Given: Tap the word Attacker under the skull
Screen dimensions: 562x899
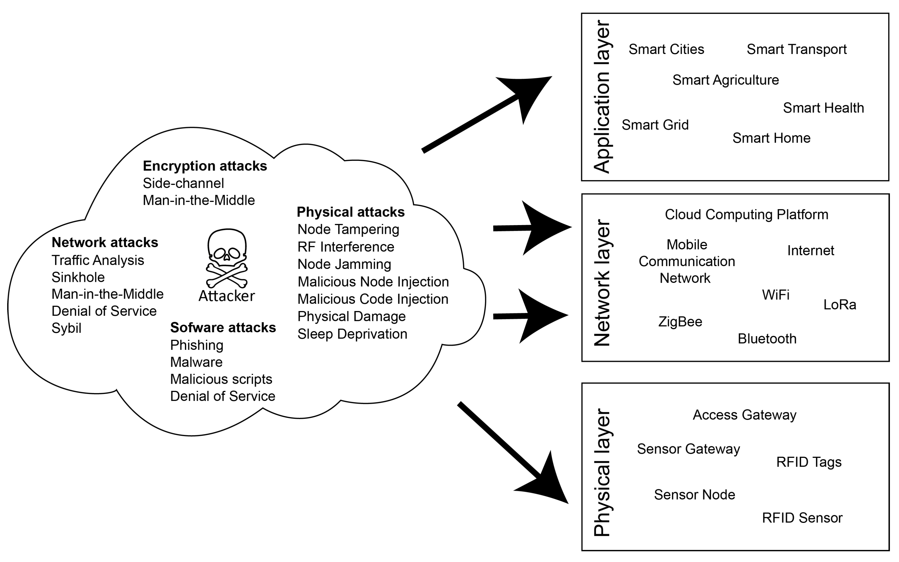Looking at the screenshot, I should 227,296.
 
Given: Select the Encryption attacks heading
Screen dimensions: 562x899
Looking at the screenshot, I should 205,166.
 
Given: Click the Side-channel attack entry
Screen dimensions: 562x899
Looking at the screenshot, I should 183,183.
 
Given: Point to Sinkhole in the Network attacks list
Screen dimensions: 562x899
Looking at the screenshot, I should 78,277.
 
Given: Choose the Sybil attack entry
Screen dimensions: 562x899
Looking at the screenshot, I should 66,328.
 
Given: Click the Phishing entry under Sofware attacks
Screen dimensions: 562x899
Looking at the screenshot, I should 197,345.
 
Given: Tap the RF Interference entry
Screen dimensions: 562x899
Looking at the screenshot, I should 346,247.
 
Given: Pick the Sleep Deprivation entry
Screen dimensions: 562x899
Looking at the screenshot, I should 352,334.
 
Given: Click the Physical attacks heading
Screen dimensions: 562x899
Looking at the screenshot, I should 351,212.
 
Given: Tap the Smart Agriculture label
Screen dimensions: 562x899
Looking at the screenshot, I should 725,80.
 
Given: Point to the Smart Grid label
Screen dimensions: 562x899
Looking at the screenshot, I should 655,125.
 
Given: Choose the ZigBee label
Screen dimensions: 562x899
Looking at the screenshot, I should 680,321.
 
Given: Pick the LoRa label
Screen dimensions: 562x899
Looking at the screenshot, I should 839,305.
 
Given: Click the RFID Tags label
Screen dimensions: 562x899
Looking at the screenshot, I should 809,462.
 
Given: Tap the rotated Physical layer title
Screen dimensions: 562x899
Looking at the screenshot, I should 602,472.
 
